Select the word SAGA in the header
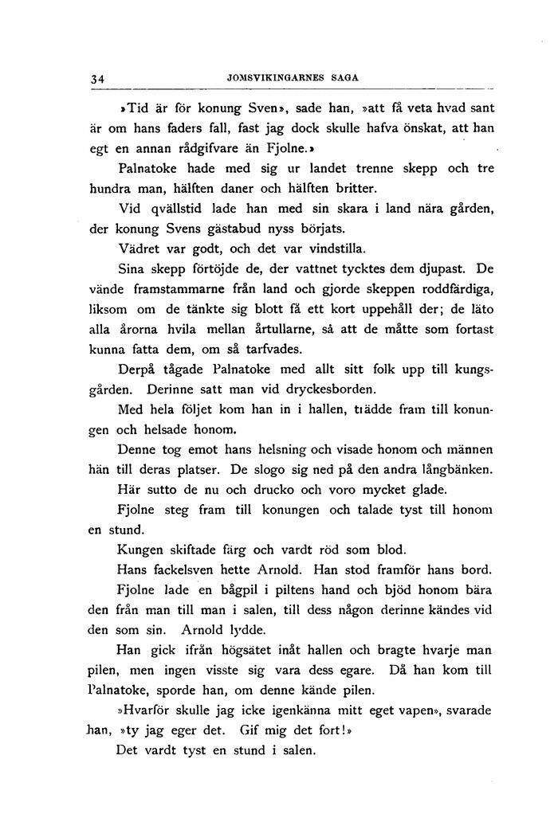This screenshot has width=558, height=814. [345, 77]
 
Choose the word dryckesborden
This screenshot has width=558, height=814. [331, 391]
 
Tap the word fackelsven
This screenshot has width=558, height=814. [184, 571]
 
